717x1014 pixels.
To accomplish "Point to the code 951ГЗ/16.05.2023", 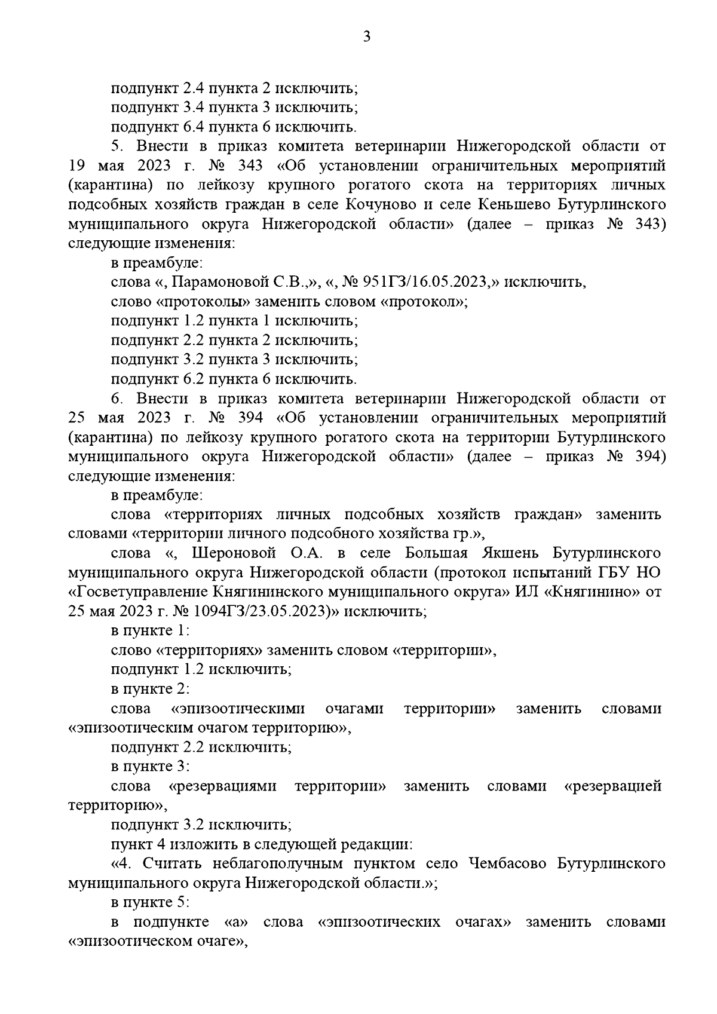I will coord(422,282).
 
